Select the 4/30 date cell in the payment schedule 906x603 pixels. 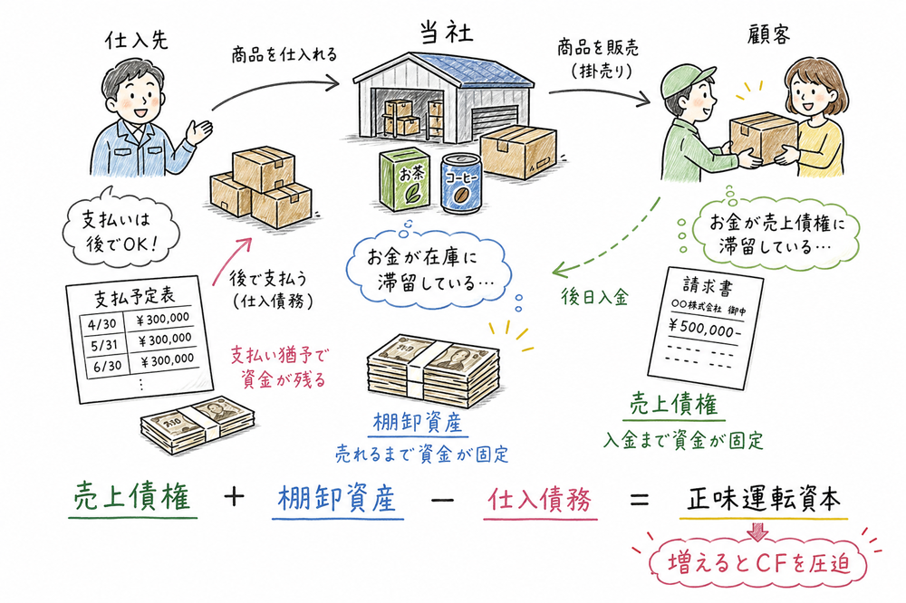94,320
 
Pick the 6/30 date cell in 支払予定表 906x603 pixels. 95,358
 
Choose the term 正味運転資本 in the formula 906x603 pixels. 763,500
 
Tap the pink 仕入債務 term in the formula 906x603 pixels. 541,500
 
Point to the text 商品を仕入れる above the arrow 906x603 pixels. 283,54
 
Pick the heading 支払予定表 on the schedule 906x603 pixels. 133,298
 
